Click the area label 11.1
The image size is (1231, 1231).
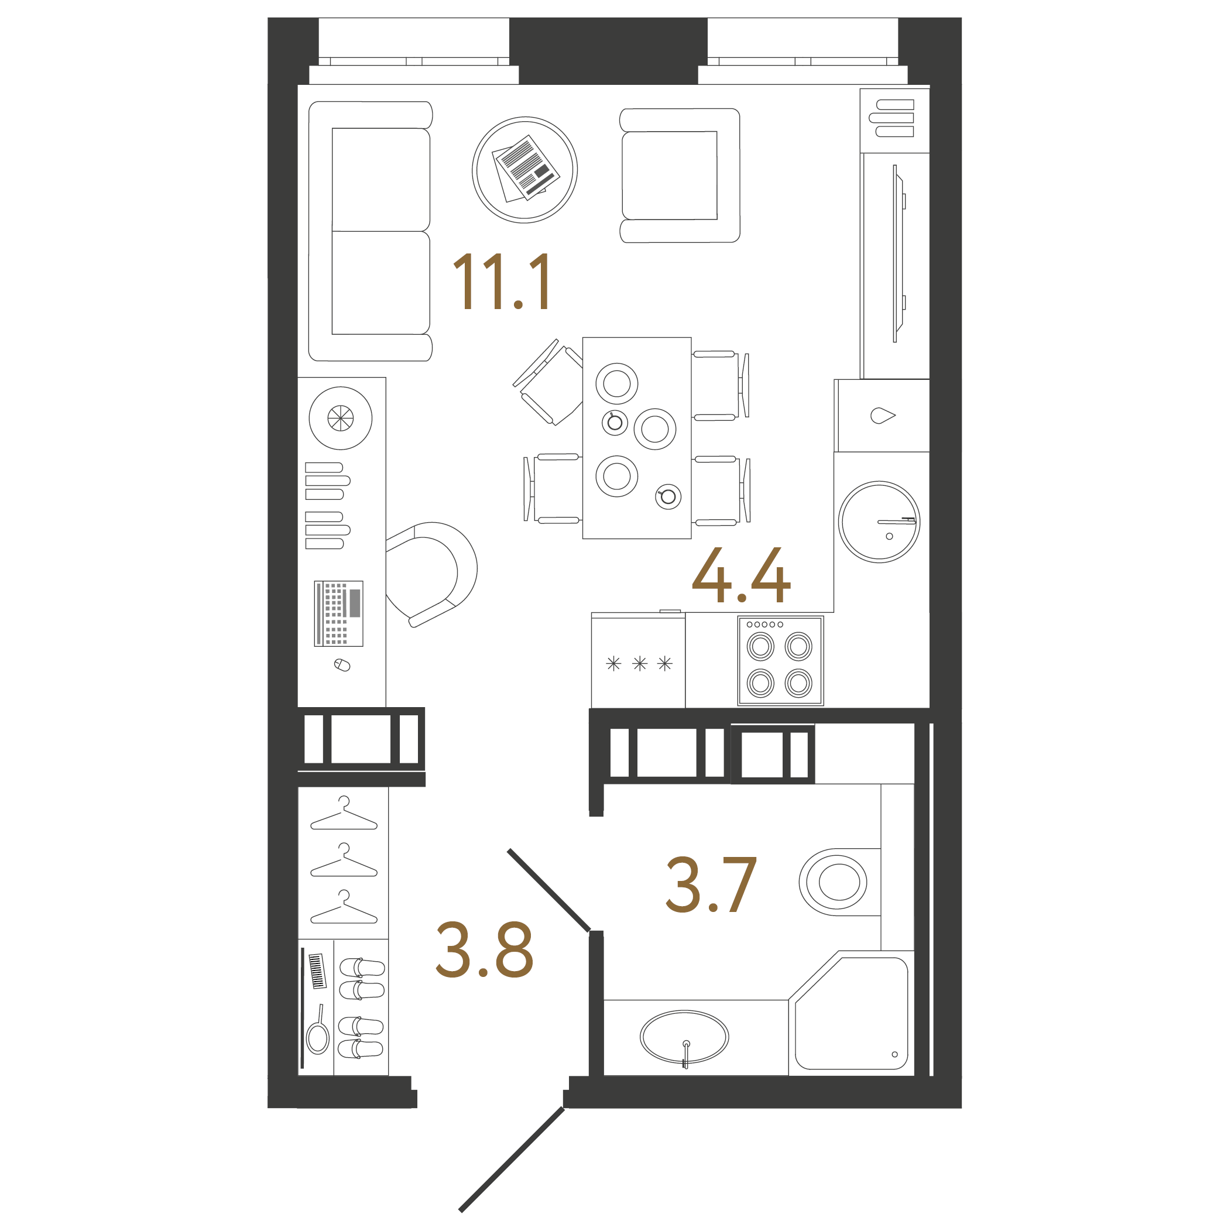[502, 281]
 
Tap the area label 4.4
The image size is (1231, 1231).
[741, 575]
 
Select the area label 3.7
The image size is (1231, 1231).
[711, 885]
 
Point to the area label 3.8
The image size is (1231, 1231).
[484, 950]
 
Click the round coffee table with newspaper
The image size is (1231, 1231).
[524, 170]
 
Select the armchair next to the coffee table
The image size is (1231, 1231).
[678, 175]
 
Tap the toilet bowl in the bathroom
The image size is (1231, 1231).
[835, 883]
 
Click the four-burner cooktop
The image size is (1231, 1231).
[780, 661]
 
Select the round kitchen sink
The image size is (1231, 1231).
[879, 522]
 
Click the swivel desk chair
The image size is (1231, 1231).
[431, 573]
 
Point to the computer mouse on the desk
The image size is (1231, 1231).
[342, 665]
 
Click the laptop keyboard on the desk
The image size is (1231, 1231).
[338, 613]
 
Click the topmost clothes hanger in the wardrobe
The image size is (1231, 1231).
[344, 815]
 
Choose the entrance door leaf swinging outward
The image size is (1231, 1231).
[512, 1160]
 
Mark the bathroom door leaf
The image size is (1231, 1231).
[548, 890]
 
